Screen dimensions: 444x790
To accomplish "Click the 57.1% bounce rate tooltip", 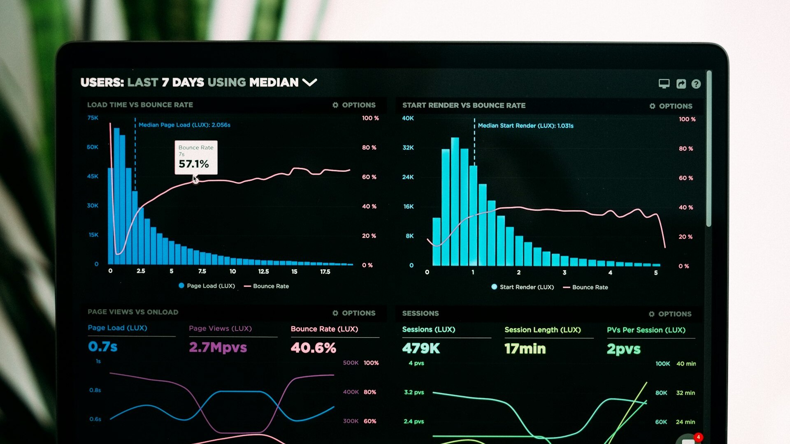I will [196, 158].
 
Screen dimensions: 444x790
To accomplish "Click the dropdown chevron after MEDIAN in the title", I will [309, 83].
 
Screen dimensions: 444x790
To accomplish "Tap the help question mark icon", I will [696, 84].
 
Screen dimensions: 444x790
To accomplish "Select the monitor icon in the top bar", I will [664, 83].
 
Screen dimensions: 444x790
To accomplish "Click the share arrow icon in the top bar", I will [681, 84].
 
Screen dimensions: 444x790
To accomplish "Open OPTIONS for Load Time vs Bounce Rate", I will [354, 105].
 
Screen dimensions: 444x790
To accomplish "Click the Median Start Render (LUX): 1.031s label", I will [525, 126].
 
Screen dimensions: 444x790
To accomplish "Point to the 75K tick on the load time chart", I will [93, 118].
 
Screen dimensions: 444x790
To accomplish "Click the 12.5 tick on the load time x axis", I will [263, 272].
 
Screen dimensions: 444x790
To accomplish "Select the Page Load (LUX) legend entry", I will [207, 286].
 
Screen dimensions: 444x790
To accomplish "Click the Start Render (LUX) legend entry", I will [523, 287].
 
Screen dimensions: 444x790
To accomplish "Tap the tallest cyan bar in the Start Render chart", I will [455, 201].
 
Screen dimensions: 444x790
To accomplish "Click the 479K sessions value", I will [421, 349].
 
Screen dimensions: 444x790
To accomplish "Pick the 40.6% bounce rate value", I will [313, 348].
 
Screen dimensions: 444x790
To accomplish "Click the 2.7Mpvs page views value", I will [218, 347].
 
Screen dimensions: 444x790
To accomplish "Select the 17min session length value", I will [525, 349].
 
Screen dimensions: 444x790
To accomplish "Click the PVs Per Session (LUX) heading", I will [646, 330].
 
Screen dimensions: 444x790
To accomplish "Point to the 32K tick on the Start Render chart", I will [408, 148].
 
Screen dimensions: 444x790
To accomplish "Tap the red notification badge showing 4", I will [698, 437].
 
